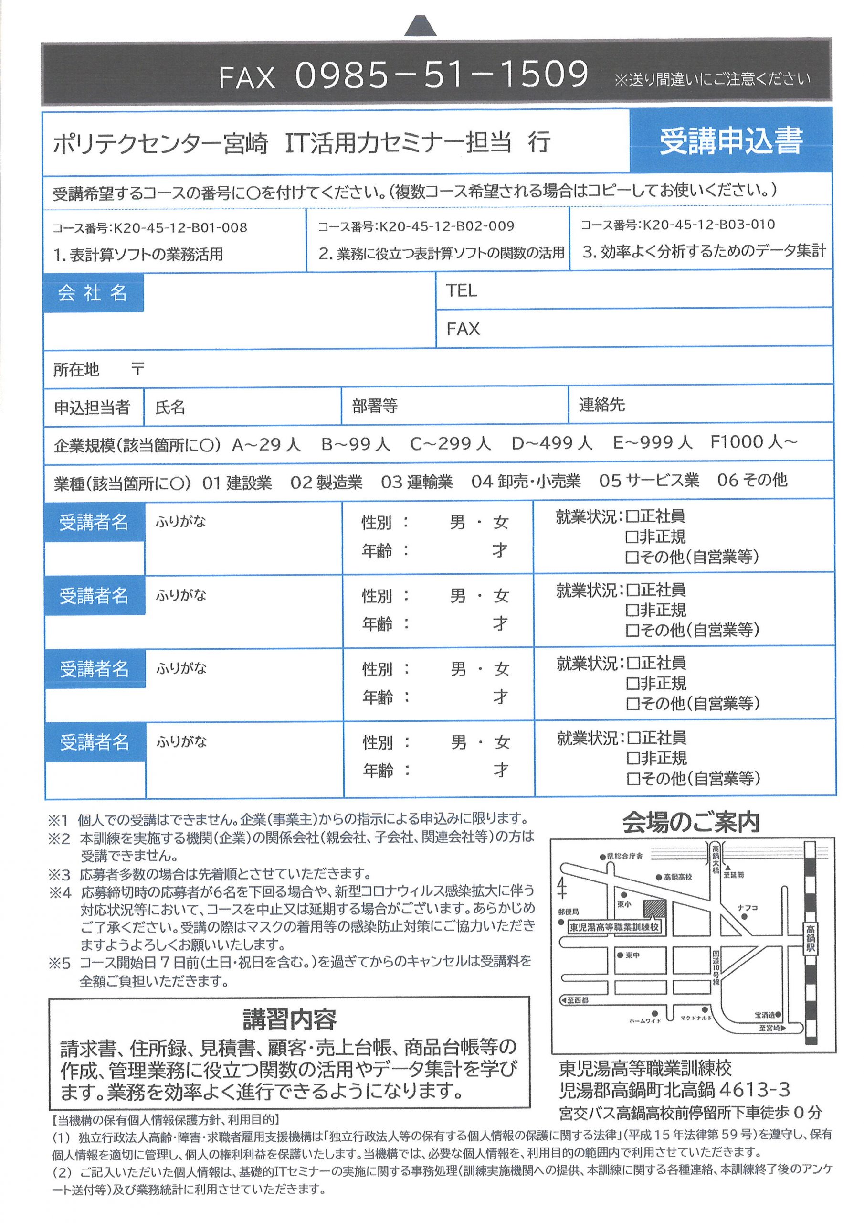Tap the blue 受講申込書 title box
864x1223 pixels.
[x=730, y=141]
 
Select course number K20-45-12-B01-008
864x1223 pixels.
[x=149, y=228]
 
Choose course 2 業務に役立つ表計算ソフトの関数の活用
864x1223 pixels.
[x=442, y=253]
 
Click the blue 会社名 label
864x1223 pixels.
[x=93, y=292]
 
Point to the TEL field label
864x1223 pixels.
[x=461, y=290]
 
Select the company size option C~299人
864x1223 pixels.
[x=450, y=443]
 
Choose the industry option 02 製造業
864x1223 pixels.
[x=326, y=483]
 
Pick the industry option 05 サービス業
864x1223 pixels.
[x=648, y=481]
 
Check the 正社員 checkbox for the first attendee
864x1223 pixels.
[x=632, y=516]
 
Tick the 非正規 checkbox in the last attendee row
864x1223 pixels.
[x=633, y=758]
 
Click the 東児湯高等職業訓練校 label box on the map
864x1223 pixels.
[x=614, y=927]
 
